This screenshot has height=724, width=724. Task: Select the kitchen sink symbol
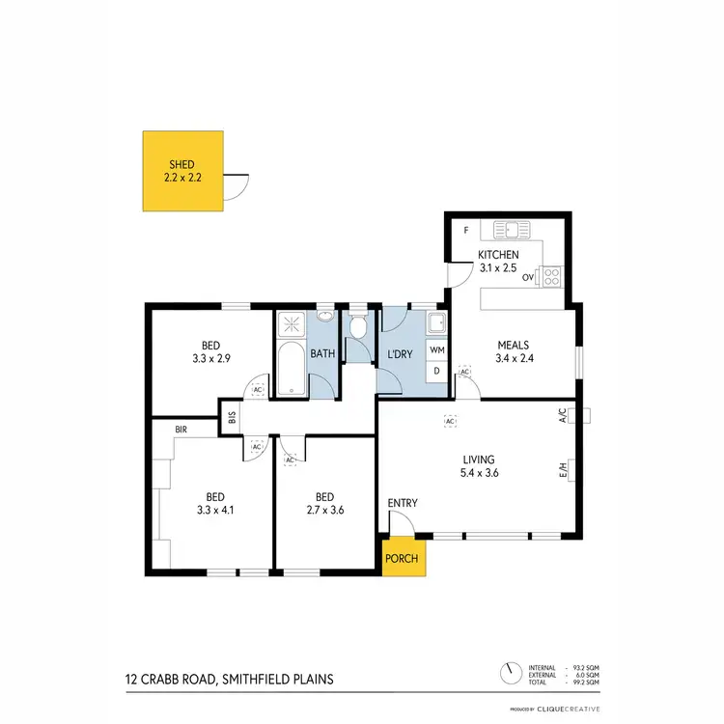(x=507, y=231)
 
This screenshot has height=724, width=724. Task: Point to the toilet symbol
(x=358, y=328)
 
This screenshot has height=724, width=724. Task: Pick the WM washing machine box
(x=437, y=349)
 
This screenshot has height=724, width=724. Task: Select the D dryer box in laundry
(x=437, y=371)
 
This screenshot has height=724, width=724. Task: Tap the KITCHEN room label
(x=499, y=255)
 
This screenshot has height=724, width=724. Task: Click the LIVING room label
(x=479, y=459)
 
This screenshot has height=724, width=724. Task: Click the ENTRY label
(x=402, y=504)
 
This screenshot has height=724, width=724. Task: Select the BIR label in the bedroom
(x=181, y=428)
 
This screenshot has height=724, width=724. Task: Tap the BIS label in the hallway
(x=232, y=417)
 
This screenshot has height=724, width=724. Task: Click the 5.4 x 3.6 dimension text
(x=479, y=473)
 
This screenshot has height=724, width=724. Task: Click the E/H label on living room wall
(x=561, y=471)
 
